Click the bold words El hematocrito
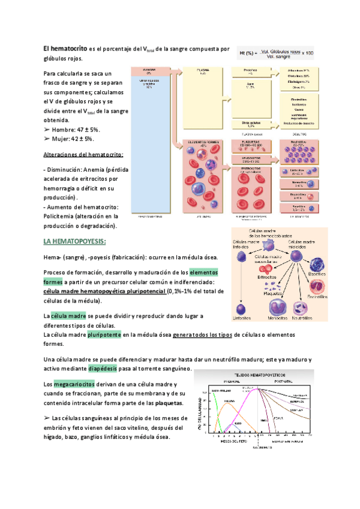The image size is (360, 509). coord(65,48)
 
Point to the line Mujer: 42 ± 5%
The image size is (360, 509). coord(70,139)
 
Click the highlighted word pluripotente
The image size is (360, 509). coord(105,334)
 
